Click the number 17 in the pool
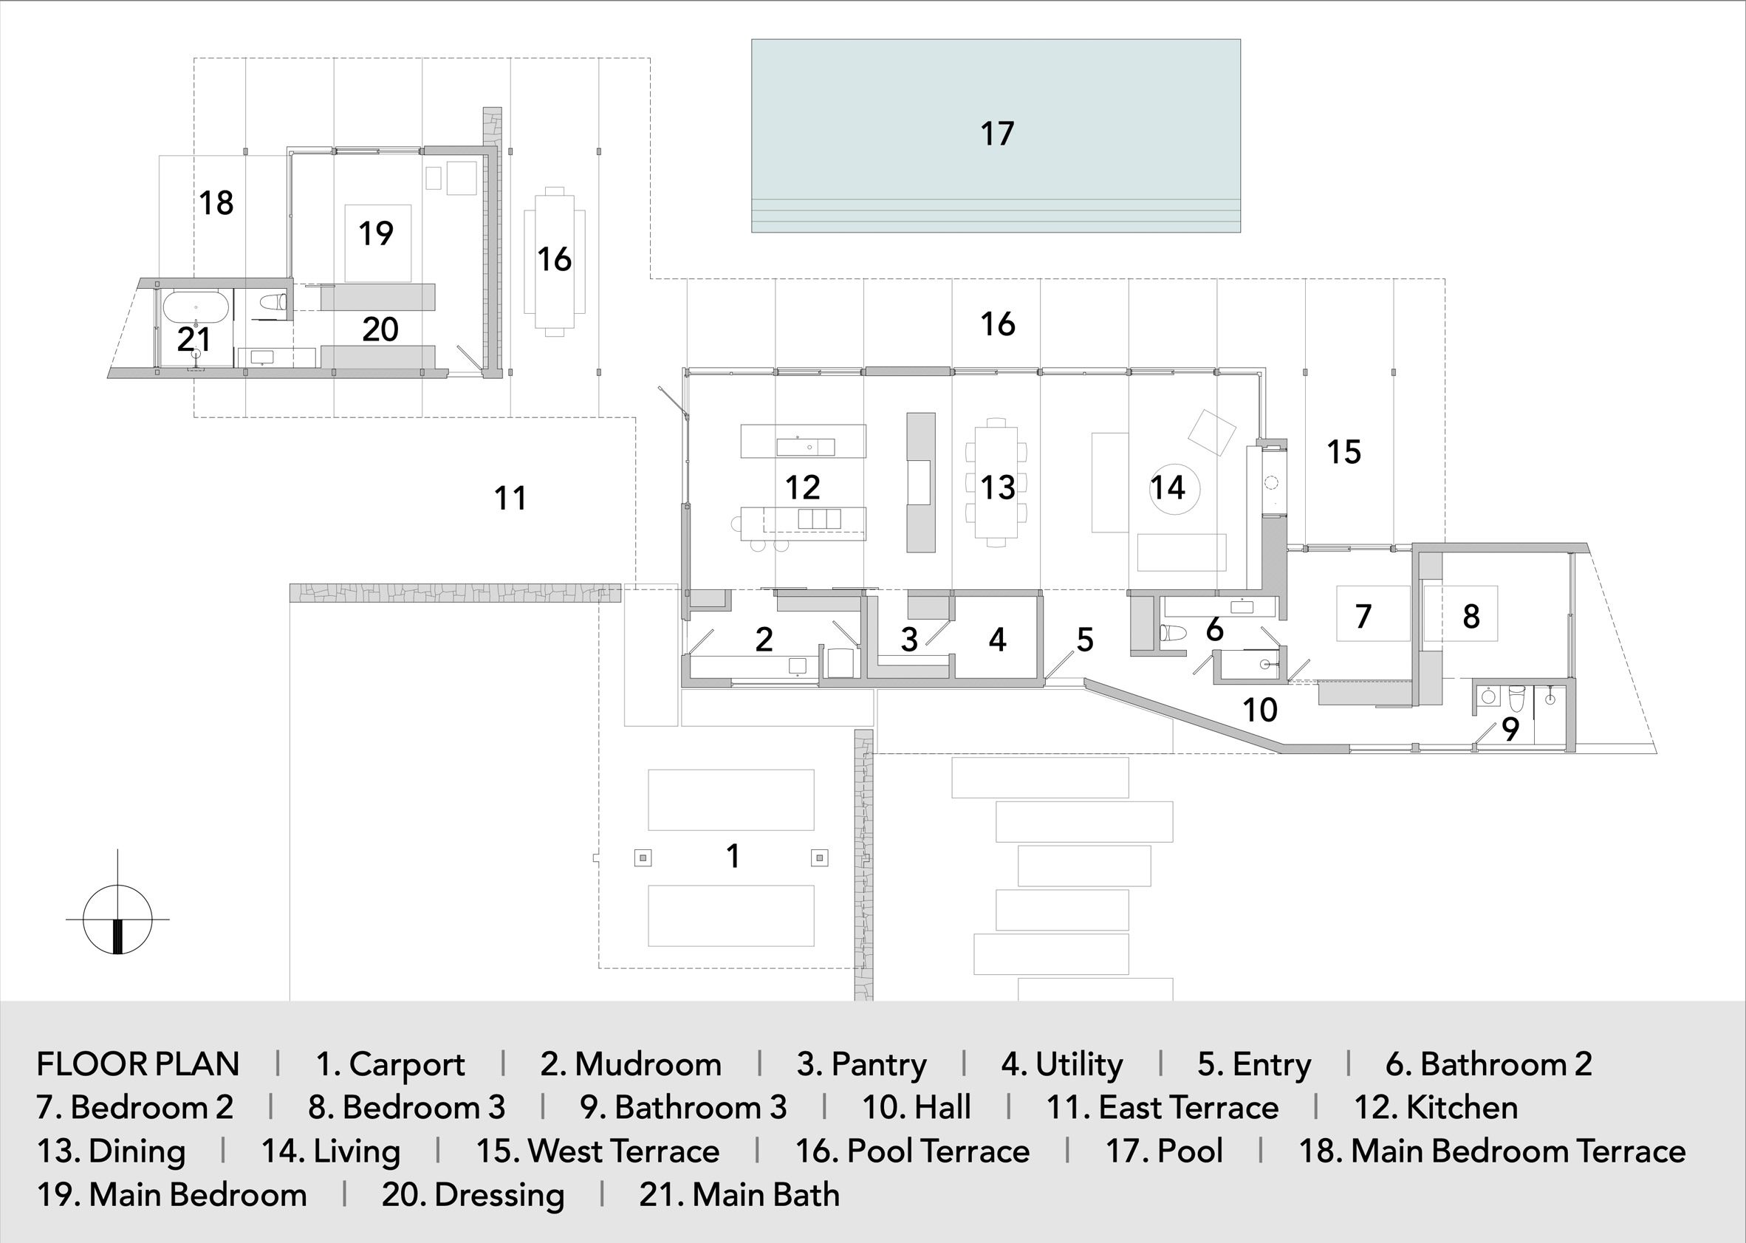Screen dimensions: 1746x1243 (997, 134)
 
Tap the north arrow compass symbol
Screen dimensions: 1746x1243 (117, 920)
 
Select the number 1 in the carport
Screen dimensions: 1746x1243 (733, 857)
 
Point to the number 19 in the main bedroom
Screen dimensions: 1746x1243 (376, 233)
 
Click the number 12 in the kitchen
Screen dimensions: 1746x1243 (803, 487)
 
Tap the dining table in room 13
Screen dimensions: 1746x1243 (996, 482)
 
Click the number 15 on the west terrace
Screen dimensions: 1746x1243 (1344, 452)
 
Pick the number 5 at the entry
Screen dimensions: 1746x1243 (1086, 640)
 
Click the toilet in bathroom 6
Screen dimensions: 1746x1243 (1173, 633)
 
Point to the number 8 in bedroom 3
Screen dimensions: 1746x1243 (1471, 616)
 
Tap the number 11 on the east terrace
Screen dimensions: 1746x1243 (510, 499)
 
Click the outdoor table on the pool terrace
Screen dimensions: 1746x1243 (554, 261)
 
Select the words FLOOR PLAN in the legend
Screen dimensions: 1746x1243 (139, 1064)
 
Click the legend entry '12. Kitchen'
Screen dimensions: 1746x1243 (1436, 1108)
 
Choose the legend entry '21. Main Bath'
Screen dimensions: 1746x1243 (739, 1195)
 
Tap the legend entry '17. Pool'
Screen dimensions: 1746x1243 (1164, 1151)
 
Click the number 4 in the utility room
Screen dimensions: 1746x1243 (996, 640)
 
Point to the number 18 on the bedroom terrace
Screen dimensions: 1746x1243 (216, 204)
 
